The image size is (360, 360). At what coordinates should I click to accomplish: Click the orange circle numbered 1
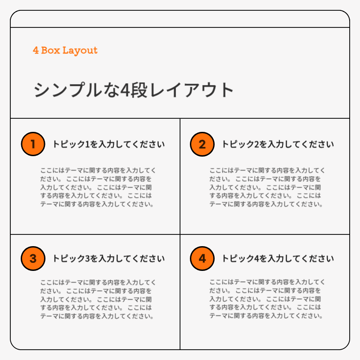[33, 144]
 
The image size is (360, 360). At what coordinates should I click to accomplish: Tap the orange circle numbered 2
[202, 144]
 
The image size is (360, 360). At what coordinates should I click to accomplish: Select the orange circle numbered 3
[33, 259]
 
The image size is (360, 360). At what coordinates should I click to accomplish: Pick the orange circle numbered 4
[202, 259]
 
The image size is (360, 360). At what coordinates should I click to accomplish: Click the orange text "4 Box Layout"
[65, 50]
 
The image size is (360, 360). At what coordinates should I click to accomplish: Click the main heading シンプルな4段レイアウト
[134, 90]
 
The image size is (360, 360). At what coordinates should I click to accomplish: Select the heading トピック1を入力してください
[108, 144]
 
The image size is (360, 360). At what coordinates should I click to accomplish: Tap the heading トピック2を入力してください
[278, 144]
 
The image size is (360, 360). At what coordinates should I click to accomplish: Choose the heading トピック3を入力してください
[108, 259]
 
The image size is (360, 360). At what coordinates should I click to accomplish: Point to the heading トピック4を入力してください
[278, 259]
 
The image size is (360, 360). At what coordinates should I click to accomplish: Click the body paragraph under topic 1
[98, 187]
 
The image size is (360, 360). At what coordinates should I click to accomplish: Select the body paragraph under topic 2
[267, 187]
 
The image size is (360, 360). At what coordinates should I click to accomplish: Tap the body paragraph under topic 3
[98, 299]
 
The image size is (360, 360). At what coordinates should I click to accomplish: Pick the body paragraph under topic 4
[267, 299]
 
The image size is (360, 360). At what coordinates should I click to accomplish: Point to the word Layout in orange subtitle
[80, 50]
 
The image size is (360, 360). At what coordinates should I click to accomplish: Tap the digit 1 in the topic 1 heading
[87, 144]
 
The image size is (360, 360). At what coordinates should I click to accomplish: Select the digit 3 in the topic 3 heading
[87, 259]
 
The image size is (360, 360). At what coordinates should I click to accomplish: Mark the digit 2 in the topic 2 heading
[256, 144]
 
